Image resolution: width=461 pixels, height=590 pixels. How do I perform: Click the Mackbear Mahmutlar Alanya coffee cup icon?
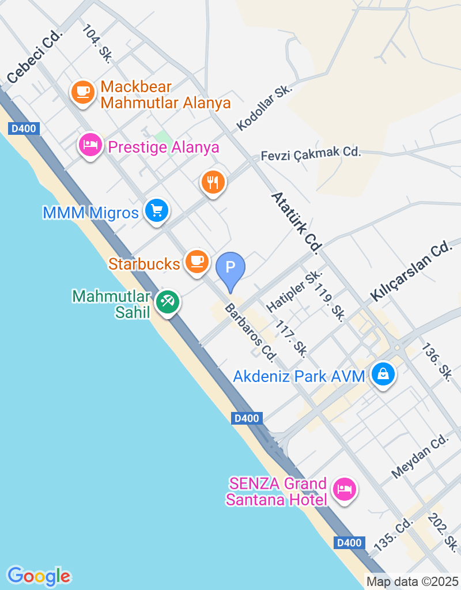(83, 92)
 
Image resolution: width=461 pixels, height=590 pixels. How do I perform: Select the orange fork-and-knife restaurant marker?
(213, 183)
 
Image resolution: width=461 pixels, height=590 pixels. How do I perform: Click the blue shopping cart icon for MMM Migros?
(156, 210)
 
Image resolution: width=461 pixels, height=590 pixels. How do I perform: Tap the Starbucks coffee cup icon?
(197, 261)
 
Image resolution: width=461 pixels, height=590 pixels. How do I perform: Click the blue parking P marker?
(230, 268)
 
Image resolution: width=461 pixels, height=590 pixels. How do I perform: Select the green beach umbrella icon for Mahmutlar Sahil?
(168, 301)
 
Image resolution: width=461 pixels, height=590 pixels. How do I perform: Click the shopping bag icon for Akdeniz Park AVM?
(383, 374)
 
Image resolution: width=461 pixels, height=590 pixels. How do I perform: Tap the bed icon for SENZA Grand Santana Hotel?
(344, 490)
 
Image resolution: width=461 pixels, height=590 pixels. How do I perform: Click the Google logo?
(39, 576)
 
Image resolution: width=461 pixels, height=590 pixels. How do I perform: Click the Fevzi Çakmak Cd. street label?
(311, 153)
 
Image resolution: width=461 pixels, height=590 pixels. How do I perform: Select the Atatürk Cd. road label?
(296, 223)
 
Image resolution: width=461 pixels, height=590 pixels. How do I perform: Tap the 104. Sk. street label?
(97, 43)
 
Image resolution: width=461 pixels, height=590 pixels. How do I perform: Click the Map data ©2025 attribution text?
(412, 582)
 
